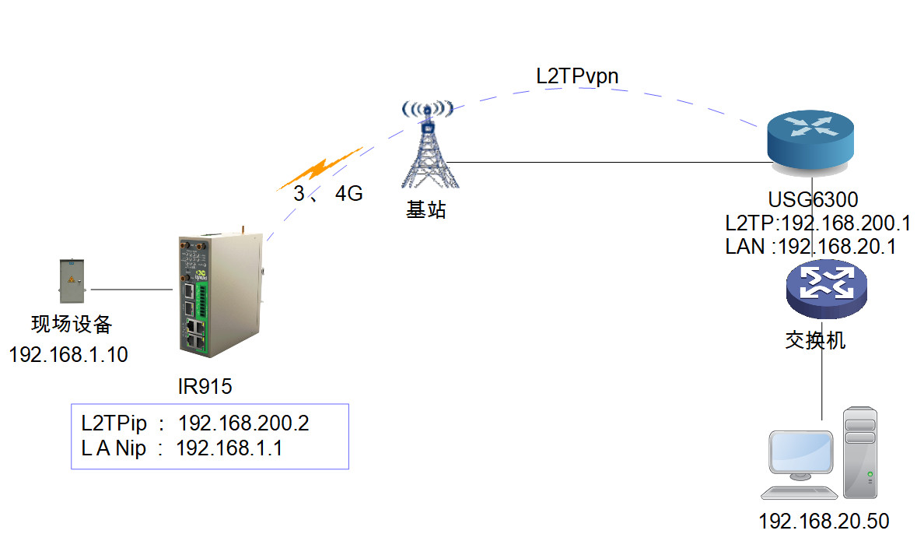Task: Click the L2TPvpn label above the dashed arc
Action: (577, 76)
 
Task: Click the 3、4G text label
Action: (327, 194)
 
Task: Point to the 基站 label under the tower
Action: (426, 209)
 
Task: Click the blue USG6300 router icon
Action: (810, 140)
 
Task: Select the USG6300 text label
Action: (813, 201)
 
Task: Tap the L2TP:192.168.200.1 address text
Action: (817, 223)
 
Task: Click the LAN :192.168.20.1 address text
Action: (811, 248)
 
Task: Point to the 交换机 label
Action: (815, 340)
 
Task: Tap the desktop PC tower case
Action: (861, 452)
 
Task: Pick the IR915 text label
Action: (205, 386)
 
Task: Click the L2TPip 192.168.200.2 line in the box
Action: (195, 423)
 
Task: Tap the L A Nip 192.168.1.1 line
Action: (181, 448)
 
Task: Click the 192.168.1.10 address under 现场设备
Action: (68, 355)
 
